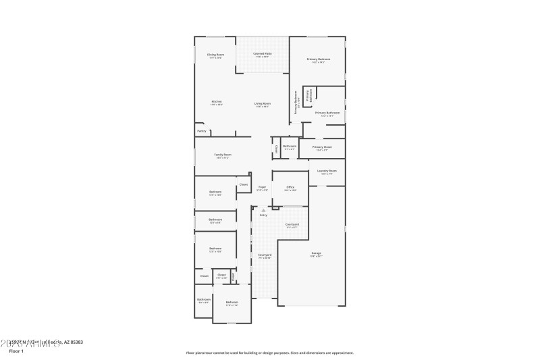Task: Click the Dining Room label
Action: [x=216, y=54]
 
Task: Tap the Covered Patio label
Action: [x=262, y=53]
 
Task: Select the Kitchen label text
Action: [x=216, y=102]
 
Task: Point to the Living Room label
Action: [x=262, y=103]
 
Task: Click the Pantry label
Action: [x=202, y=131]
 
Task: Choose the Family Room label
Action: [x=223, y=155]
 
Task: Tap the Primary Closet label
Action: [x=322, y=147]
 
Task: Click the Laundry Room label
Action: [x=327, y=171]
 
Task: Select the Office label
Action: [x=290, y=187]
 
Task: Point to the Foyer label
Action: [x=262, y=187]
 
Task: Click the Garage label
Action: [x=316, y=253]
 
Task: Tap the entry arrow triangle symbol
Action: [x=264, y=210]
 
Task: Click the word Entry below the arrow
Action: [x=263, y=215]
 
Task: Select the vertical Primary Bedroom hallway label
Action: [x=296, y=105]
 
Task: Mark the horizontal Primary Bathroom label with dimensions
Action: [x=327, y=113]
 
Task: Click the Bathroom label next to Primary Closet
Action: [x=290, y=146]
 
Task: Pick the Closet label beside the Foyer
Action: [x=244, y=184]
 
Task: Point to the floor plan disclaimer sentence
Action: [x=269, y=353]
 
